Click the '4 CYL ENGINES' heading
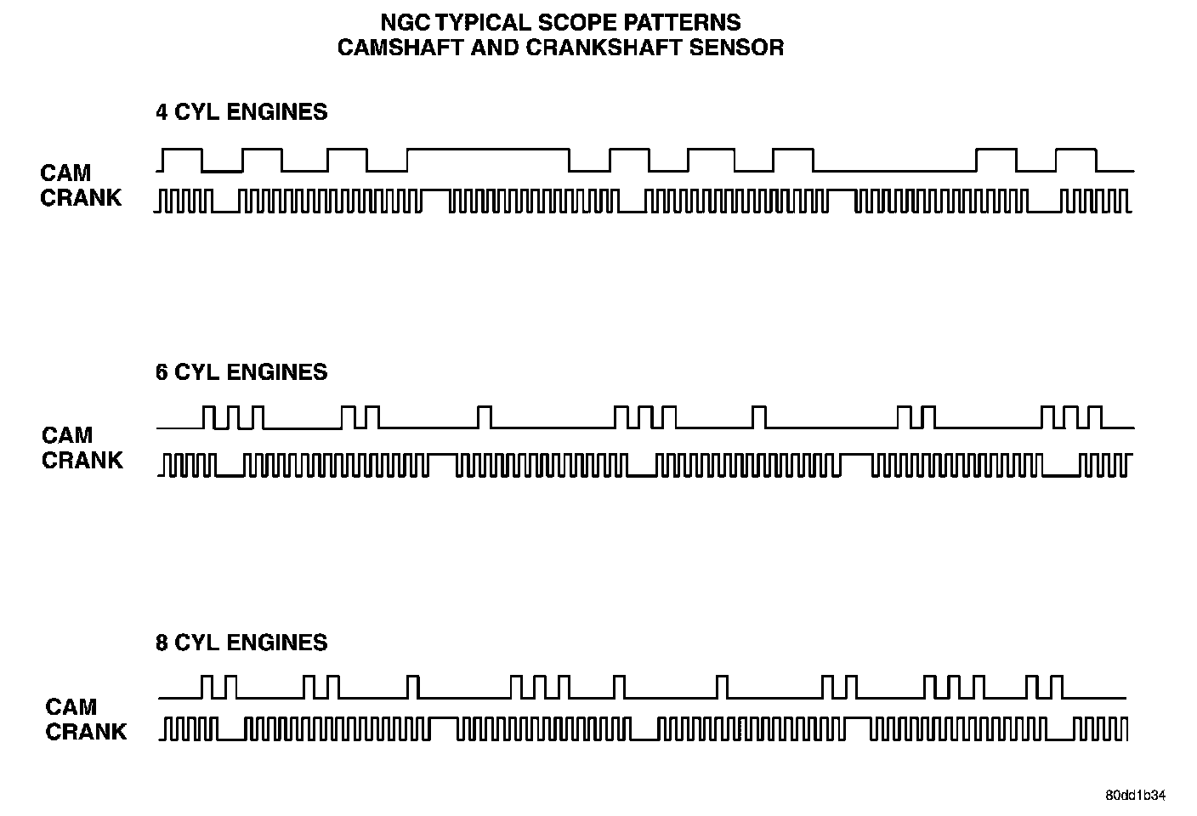pyautogui.click(x=241, y=112)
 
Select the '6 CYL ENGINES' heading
pyautogui.click(x=241, y=372)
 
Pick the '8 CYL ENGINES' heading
pyautogui.click(x=241, y=643)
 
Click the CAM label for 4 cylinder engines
pyautogui.click(x=65, y=173)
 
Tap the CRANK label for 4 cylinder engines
pyautogui.click(x=81, y=198)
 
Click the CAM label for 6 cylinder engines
pyautogui.click(x=67, y=435)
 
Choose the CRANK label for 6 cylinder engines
pyautogui.click(x=82, y=460)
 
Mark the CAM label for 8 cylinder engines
pyautogui.click(x=71, y=706)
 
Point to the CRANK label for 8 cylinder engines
pyautogui.click(x=86, y=731)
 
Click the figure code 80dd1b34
pyautogui.click(x=1135, y=796)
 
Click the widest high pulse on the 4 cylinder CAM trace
pyautogui.click(x=487, y=150)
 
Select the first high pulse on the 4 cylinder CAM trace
pyautogui.click(x=183, y=150)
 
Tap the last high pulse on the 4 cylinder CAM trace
pyautogui.click(x=1075, y=150)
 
